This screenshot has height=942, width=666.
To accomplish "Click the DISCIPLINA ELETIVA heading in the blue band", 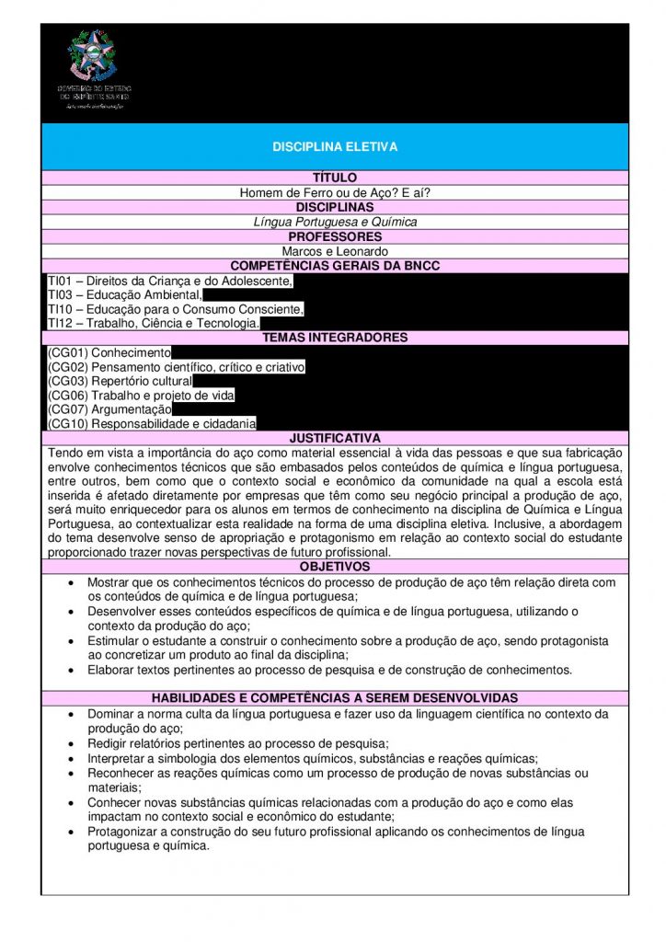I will tap(335, 147).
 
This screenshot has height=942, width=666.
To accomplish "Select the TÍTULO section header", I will tap(335, 178).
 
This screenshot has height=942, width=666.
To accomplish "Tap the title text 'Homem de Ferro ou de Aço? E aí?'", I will tap(335, 192).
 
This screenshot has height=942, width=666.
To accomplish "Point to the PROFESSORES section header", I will tap(335, 236).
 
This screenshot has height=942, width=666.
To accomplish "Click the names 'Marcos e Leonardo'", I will tap(335, 251).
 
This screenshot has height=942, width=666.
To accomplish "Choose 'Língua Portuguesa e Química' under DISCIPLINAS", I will tap(335, 222).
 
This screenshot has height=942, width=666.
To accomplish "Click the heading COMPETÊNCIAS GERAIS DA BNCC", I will tap(335, 266).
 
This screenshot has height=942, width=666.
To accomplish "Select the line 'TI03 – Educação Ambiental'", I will tap(125, 295).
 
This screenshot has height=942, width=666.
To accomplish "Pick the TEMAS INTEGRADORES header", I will tap(335, 339).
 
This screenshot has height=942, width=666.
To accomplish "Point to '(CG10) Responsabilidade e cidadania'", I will tap(152, 424).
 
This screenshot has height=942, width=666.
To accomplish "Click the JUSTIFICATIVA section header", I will tap(335, 439).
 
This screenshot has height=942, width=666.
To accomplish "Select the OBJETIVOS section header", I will tap(335, 567).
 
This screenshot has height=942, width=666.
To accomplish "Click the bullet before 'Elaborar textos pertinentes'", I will tap(74, 671).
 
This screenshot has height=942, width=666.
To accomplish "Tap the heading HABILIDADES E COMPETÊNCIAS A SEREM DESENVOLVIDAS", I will tap(335, 698).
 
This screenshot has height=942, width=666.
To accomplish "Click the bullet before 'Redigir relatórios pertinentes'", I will tap(74, 743).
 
